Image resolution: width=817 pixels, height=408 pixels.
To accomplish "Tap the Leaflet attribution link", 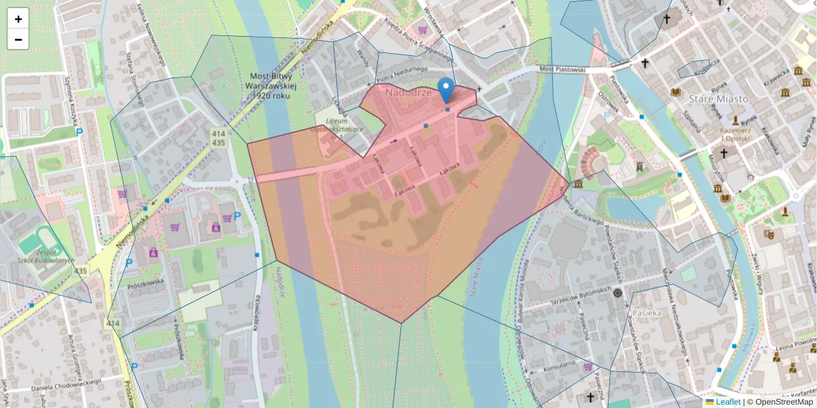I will click(728, 402).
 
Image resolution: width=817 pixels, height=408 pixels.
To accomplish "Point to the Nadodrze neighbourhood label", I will click(408, 92).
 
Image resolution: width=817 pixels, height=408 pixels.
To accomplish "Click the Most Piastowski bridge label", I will click(562, 69).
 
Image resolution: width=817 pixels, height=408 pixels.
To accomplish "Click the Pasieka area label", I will click(646, 313).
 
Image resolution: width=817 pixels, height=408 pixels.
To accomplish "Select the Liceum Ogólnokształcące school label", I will click(344, 129).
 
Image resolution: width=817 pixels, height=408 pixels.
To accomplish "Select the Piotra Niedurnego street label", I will click(403, 71).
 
